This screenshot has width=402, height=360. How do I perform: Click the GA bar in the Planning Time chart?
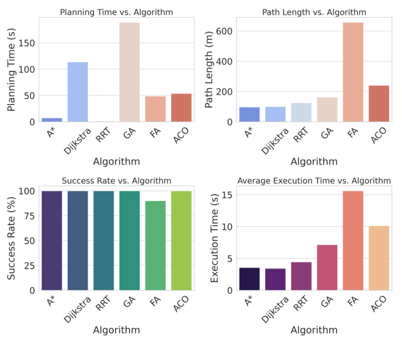tap(129, 72)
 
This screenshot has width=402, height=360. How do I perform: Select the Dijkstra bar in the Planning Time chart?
tap(77, 92)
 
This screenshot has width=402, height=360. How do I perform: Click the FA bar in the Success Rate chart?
tap(155, 245)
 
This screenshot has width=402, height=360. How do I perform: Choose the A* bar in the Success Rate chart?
tap(51, 240)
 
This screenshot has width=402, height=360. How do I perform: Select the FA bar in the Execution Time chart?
tap(352, 240)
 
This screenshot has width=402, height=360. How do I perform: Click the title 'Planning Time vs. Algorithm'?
tap(116, 12)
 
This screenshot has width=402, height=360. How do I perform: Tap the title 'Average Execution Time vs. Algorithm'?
tap(314, 181)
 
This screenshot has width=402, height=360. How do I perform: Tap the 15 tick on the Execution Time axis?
tap(227, 195)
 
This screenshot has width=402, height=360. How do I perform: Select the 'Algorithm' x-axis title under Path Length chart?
tap(314, 161)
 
